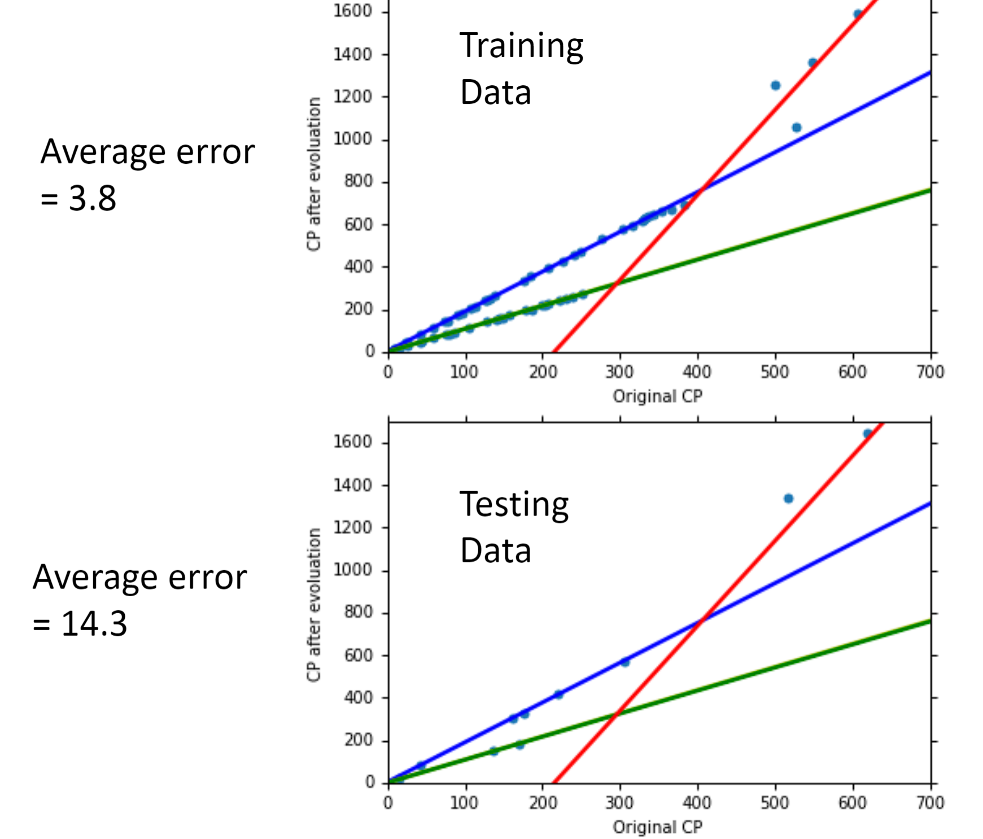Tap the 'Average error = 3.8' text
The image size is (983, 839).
tap(147, 174)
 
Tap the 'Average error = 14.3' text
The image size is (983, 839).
tap(139, 600)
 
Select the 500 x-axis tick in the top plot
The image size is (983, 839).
tap(775, 372)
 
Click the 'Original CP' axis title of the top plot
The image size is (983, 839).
tap(658, 396)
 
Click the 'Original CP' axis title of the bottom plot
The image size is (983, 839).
tap(658, 827)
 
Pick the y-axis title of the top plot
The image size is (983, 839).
tap(314, 174)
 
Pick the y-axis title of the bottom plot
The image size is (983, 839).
tap(314, 605)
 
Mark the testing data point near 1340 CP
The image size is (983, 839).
tap(788, 499)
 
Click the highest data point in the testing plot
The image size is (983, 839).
tap(868, 434)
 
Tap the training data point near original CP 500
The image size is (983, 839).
tap(775, 85)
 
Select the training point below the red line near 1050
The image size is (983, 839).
tap(796, 128)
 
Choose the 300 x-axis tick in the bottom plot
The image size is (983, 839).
tap(620, 803)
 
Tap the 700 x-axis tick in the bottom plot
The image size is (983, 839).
tap(930, 803)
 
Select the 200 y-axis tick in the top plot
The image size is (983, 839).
tap(358, 309)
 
